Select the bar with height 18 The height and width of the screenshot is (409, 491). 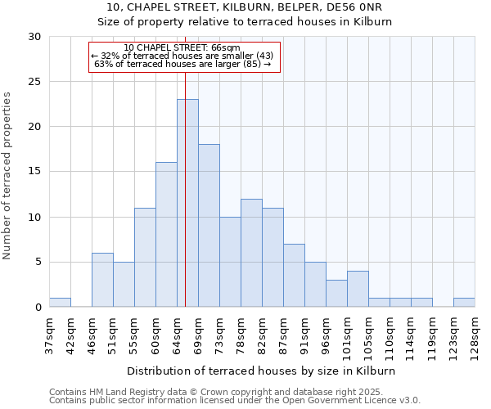[209, 226]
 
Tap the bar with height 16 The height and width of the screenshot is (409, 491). [166, 235]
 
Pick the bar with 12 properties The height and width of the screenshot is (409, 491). [251, 253]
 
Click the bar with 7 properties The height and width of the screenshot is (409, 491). [294, 276]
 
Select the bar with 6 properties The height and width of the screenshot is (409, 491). [102, 280]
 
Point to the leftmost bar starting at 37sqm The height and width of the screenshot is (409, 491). [60, 303]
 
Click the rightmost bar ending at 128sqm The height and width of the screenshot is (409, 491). [464, 303]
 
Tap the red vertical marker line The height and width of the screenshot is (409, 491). [185, 164]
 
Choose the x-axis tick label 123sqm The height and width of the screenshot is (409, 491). [453, 334]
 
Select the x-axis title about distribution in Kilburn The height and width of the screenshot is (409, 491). [262, 371]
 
